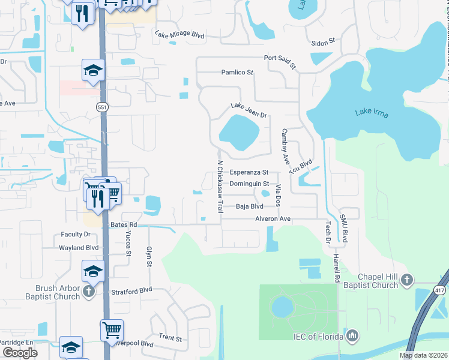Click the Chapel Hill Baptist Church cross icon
(407, 280)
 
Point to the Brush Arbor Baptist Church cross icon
(88, 291)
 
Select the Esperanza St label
(247, 172)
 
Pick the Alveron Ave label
(273, 219)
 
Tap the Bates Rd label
(124, 224)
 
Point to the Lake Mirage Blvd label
(179, 35)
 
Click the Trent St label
(170, 338)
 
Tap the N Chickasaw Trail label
(220, 186)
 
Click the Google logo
(20, 353)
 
